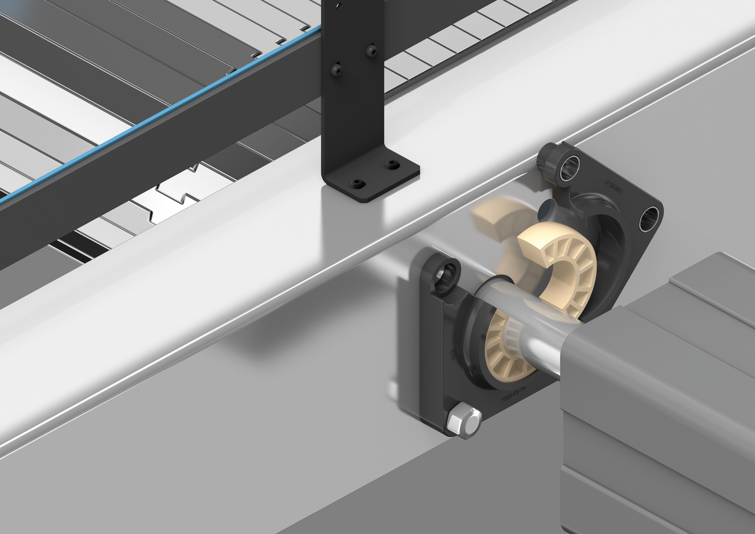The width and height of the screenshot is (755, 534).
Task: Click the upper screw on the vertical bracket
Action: [371, 50]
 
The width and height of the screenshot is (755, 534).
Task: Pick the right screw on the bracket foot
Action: [391, 165]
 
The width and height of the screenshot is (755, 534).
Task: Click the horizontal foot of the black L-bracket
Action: [372, 179]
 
